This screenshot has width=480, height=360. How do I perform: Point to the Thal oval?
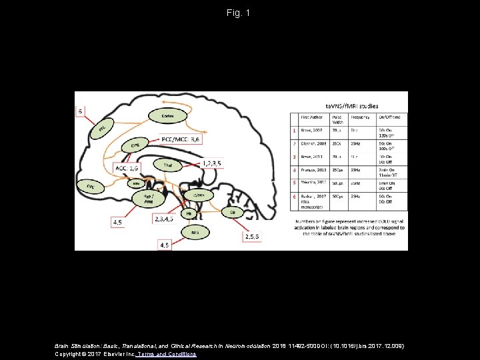167,164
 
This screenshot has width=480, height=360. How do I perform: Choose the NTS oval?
195,233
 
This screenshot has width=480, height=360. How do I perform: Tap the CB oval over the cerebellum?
232,212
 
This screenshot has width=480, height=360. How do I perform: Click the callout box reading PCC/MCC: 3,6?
181,139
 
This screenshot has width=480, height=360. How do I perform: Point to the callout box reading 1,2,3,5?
212,163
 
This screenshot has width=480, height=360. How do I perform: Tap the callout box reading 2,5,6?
253,236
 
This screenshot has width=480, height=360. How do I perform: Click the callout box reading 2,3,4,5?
164,219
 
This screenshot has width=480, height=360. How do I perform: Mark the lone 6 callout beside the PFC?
81,111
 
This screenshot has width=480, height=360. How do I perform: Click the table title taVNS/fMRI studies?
352,105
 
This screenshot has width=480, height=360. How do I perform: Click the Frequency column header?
361,117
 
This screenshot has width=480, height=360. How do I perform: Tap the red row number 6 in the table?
294,197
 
